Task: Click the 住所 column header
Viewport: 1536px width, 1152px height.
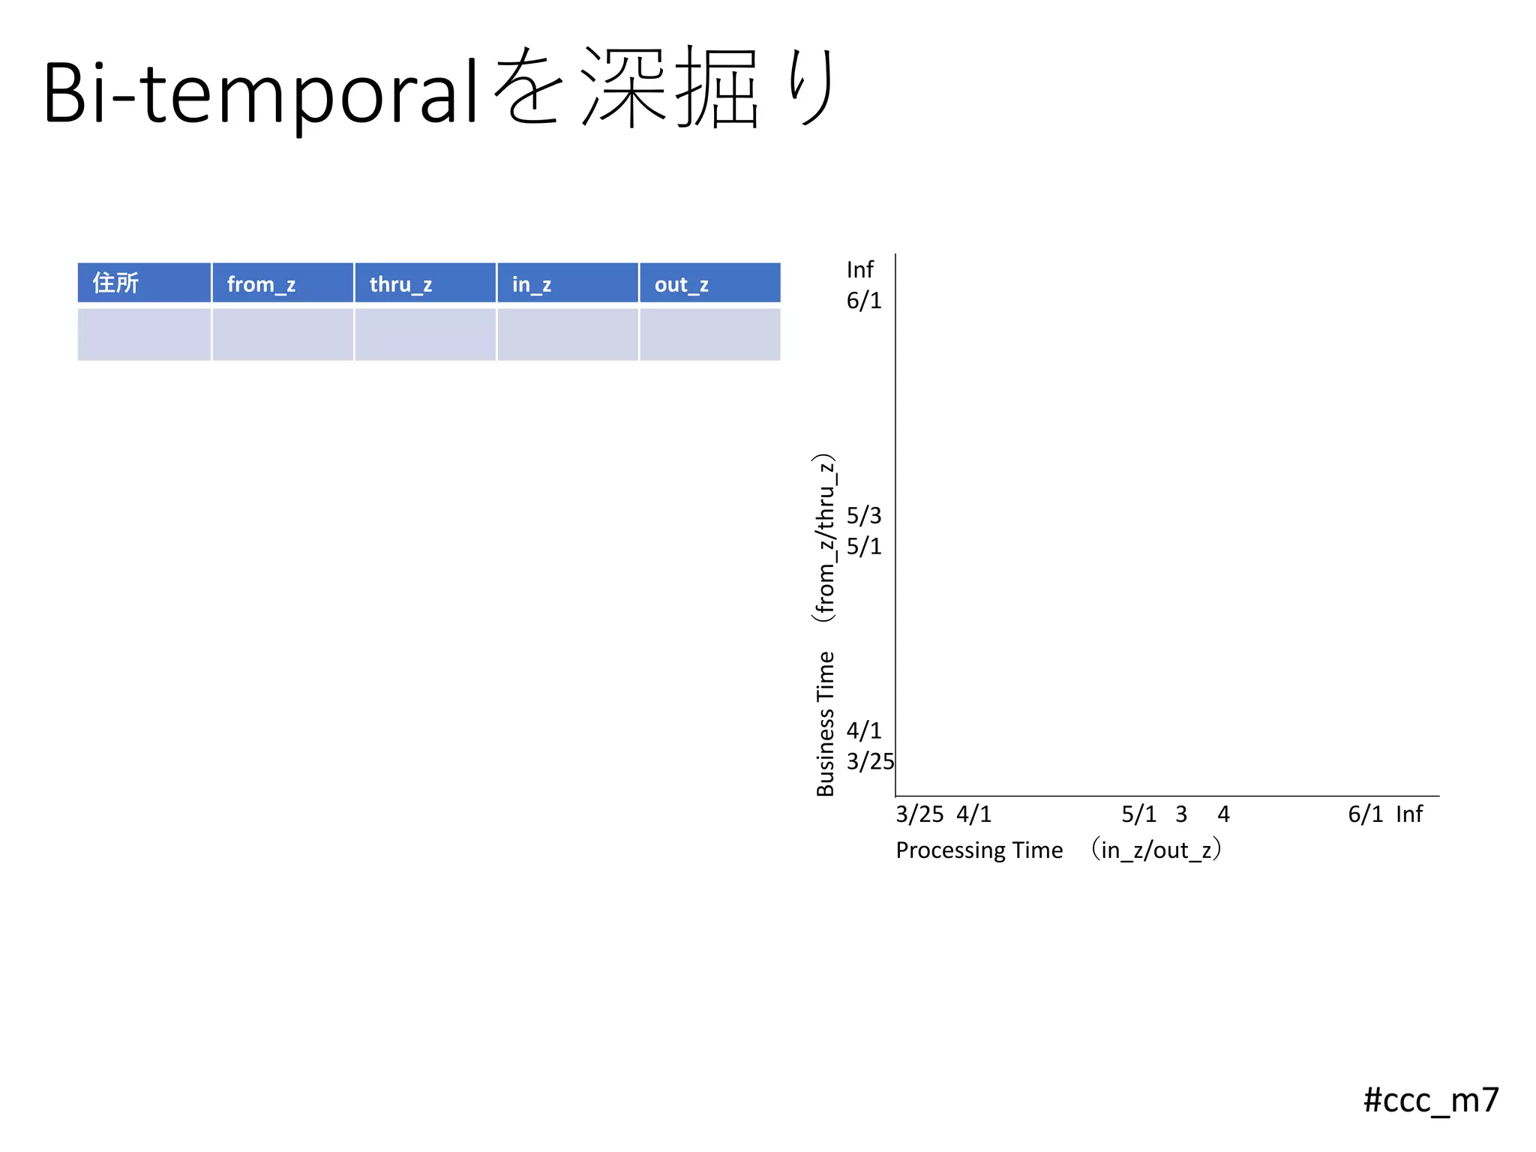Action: click(x=144, y=283)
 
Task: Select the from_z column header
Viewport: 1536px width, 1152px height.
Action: click(x=283, y=283)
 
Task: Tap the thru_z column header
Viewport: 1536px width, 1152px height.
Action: click(x=425, y=283)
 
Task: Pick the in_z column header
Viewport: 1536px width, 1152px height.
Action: click(x=568, y=283)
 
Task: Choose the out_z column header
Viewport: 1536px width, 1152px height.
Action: click(x=709, y=283)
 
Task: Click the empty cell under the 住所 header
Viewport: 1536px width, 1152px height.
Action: click(x=144, y=334)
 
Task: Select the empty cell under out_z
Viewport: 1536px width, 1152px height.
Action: click(x=709, y=334)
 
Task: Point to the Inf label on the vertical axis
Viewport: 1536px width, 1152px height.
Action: click(x=859, y=269)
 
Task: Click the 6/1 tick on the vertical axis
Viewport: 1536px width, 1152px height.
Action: click(x=864, y=301)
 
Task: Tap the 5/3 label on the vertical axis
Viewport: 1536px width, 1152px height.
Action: click(x=864, y=515)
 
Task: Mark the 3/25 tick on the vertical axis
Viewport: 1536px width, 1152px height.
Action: click(x=870, y=761)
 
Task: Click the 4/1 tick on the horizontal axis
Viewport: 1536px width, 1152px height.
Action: click(x=973, y=814)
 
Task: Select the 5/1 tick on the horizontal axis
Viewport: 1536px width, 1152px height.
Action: click(x=1138, y=814)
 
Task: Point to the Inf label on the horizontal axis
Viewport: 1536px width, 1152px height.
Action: click(x=1408, y=814)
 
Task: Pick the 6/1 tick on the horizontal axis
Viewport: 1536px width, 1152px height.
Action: click(x=1365, y=814)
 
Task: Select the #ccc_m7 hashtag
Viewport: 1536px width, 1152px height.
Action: click(x=1430, y=1099)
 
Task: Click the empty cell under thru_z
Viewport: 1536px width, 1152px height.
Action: click(x=425, y=334)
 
